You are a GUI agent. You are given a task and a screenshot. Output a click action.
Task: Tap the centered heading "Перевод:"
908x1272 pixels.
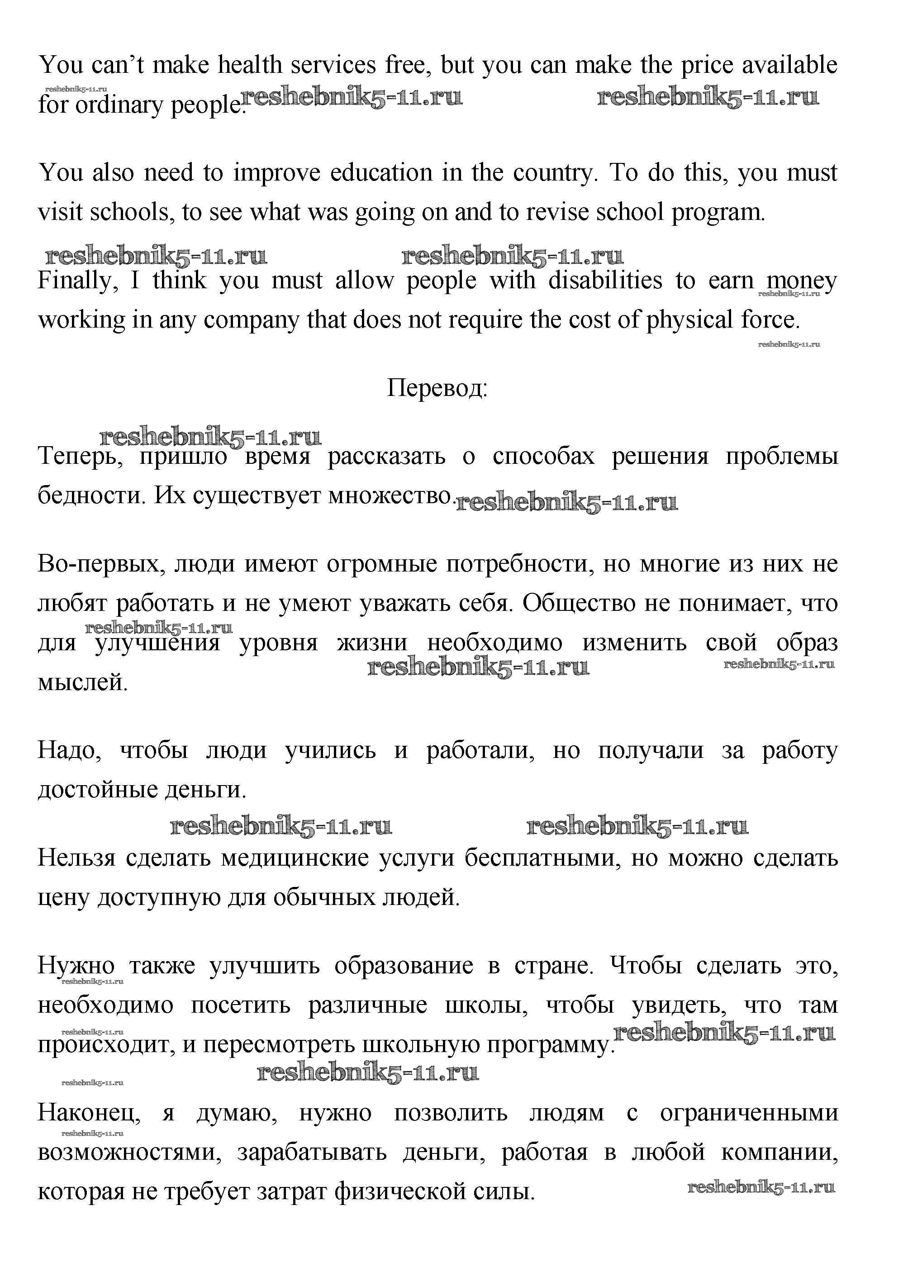pos(437,387)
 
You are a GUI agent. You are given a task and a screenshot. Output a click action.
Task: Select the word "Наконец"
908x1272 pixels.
pos(88,1113)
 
